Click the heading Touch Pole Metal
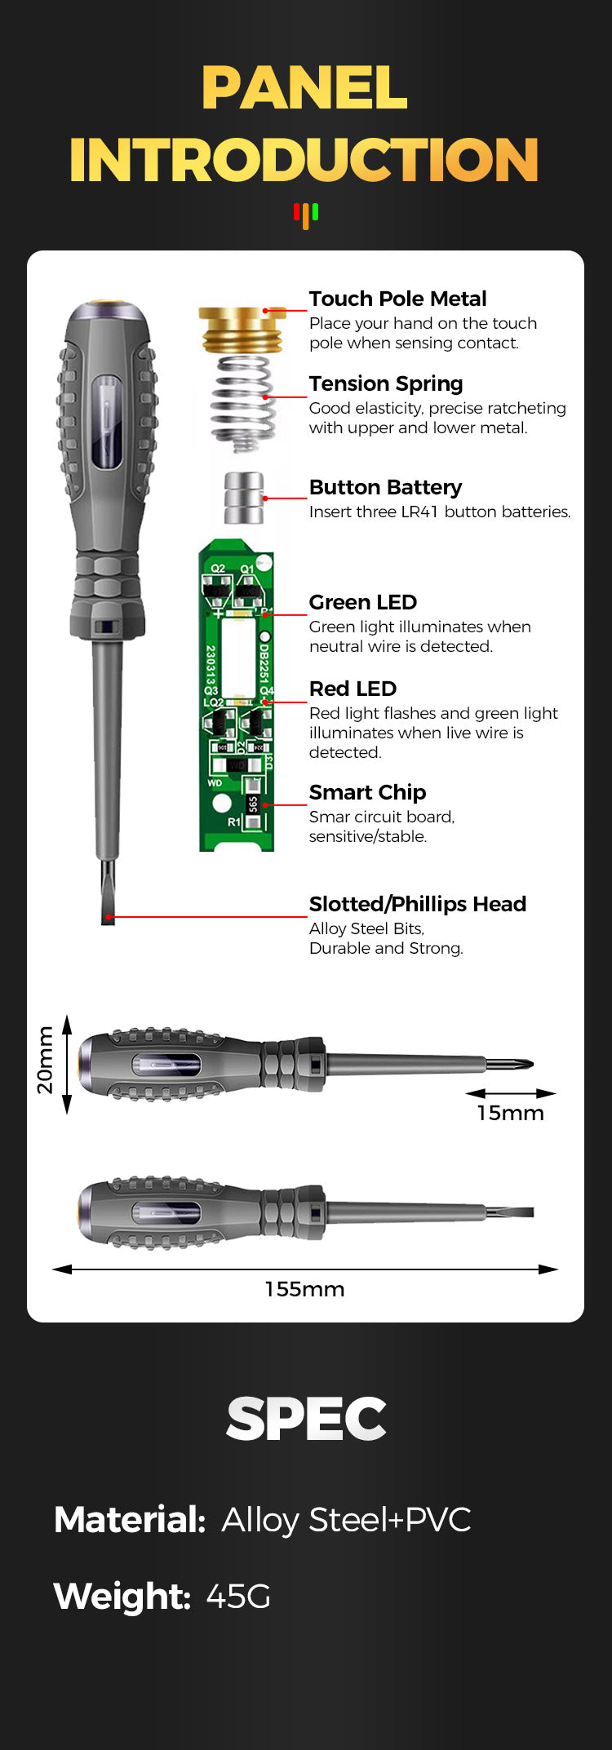point(397,299)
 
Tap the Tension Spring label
point(385,383)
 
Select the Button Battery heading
point(385,487)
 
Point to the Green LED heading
point(362,602)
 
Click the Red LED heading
point(353,689)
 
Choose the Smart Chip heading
point(367,792)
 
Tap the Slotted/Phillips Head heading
point(417,904)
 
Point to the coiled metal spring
point(242,401)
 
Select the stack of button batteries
point(243,498)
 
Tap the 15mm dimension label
point(510,1113)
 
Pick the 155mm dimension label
point(304,1289)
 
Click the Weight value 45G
point(237,1596)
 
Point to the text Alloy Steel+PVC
point(346,1519)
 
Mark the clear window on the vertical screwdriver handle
point(106,422)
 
